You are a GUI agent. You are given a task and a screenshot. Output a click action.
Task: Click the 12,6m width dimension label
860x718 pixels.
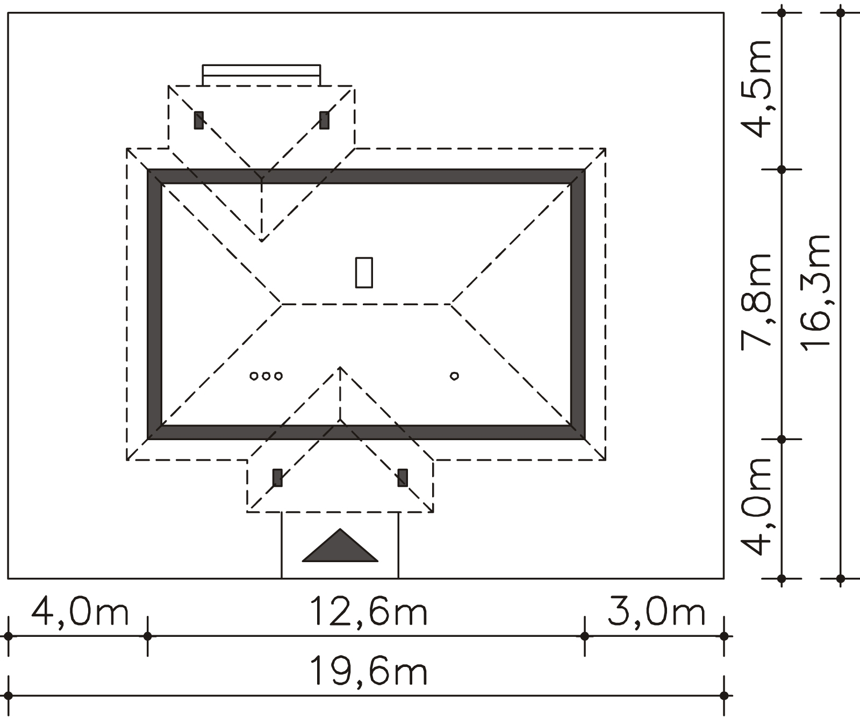point(369,612)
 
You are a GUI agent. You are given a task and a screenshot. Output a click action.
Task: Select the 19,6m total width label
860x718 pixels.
point(369,671)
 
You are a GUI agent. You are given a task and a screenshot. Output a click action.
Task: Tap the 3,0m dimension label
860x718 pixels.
point(656,612)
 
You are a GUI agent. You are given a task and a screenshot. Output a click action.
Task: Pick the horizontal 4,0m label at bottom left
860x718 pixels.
point(80,612)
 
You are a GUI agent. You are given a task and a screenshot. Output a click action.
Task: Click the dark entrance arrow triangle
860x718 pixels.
point(340,545)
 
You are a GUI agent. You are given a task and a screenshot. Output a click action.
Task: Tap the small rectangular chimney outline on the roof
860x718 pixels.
point(364,272)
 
